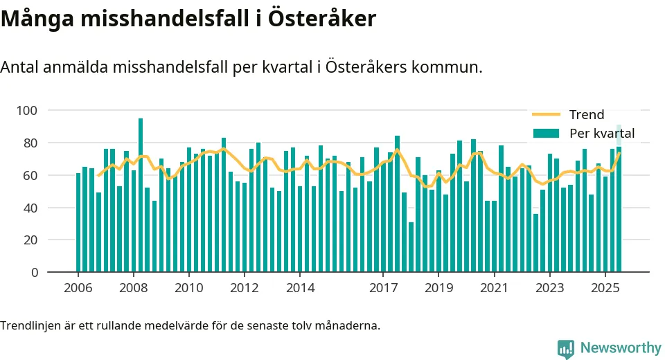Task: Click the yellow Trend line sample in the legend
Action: [x=546, y=115]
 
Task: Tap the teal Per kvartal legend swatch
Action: [x=546, y=133]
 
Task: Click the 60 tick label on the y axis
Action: [x=30, y=176]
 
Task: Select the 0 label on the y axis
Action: [x=34, y=273]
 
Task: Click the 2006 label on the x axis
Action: [x=78, y=288]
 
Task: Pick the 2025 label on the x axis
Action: [x=605, y=288]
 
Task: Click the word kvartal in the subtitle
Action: [x=268, y=68]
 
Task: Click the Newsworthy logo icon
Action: [x=566, y=348]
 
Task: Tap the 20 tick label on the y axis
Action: [x=30, y=240]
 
